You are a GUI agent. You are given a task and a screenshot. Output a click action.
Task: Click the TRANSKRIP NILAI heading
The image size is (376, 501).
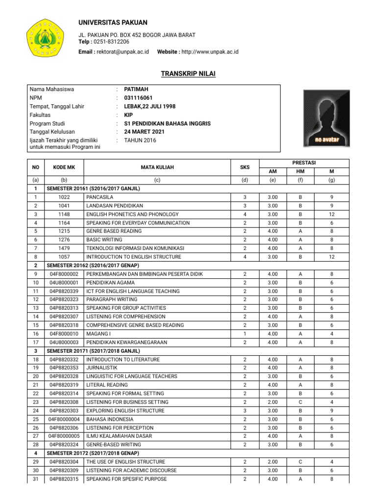pyautogui.click(x=188, y=74)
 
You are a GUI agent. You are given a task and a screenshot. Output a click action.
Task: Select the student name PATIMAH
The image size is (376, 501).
pyautogui.click(x=137, y=89)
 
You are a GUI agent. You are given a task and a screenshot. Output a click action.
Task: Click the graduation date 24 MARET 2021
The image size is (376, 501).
pyautogui.click(x=144, y=132)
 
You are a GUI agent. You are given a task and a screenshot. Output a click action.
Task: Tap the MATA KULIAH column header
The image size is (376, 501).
pyautogui.click(x=157, y=167)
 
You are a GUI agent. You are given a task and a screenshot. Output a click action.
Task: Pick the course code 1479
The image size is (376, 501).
pyautogui.click(x=64, y=249)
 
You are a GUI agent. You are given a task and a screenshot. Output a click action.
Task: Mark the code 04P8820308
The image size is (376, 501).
pyautogui.click(x=64, y=402)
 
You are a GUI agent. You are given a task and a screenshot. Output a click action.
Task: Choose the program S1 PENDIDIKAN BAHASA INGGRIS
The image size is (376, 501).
pyautogui.click(x=167, y=123)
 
